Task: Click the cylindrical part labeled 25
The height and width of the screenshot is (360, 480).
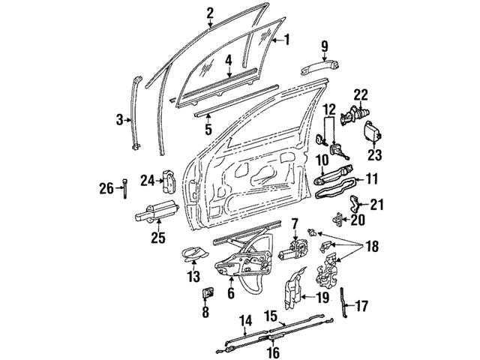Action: pos(153,216)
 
